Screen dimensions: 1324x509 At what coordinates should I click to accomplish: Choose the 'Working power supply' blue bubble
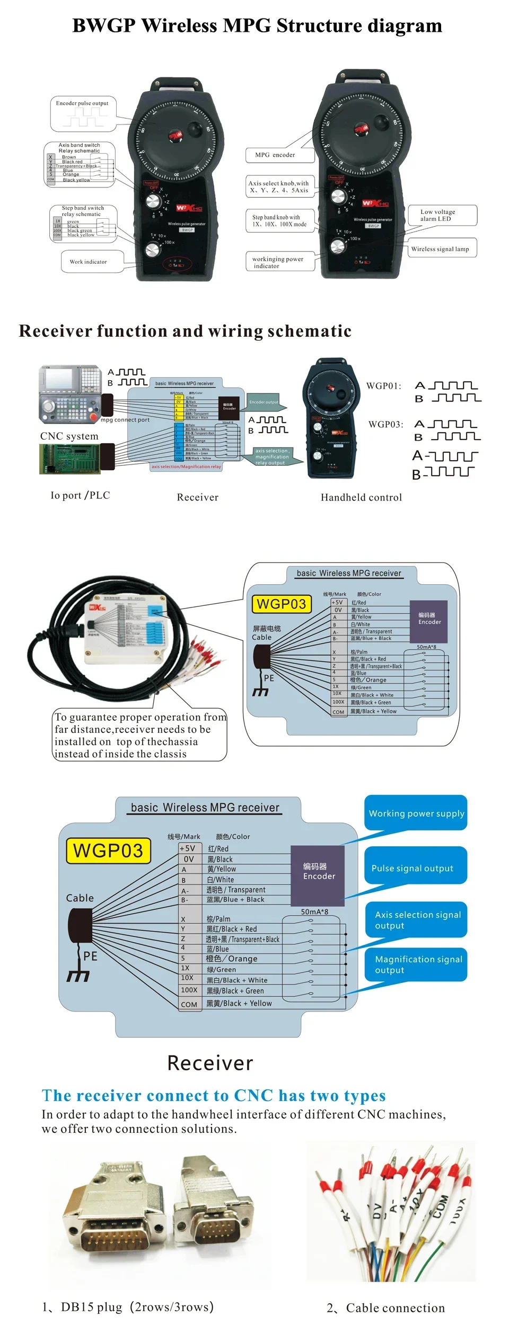pos(416,813)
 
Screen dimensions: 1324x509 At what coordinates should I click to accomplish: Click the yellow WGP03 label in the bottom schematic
pos(108,851)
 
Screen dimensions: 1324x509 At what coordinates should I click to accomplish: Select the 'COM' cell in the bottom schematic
pos(189,1004)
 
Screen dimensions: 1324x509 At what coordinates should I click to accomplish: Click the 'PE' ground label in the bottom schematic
pos(90,956)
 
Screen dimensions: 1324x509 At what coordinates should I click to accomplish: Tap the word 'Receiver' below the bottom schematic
pos(210,1063)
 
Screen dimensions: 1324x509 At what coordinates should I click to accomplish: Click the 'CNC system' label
pos(69,436)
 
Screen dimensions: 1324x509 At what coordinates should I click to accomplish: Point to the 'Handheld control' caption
pos(361,497)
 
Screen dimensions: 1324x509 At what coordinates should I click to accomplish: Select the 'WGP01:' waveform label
pos(384,386)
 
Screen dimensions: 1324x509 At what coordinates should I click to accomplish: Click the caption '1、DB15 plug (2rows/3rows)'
pos(128,1307)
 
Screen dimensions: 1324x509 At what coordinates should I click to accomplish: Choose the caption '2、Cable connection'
pos(386,1308)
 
